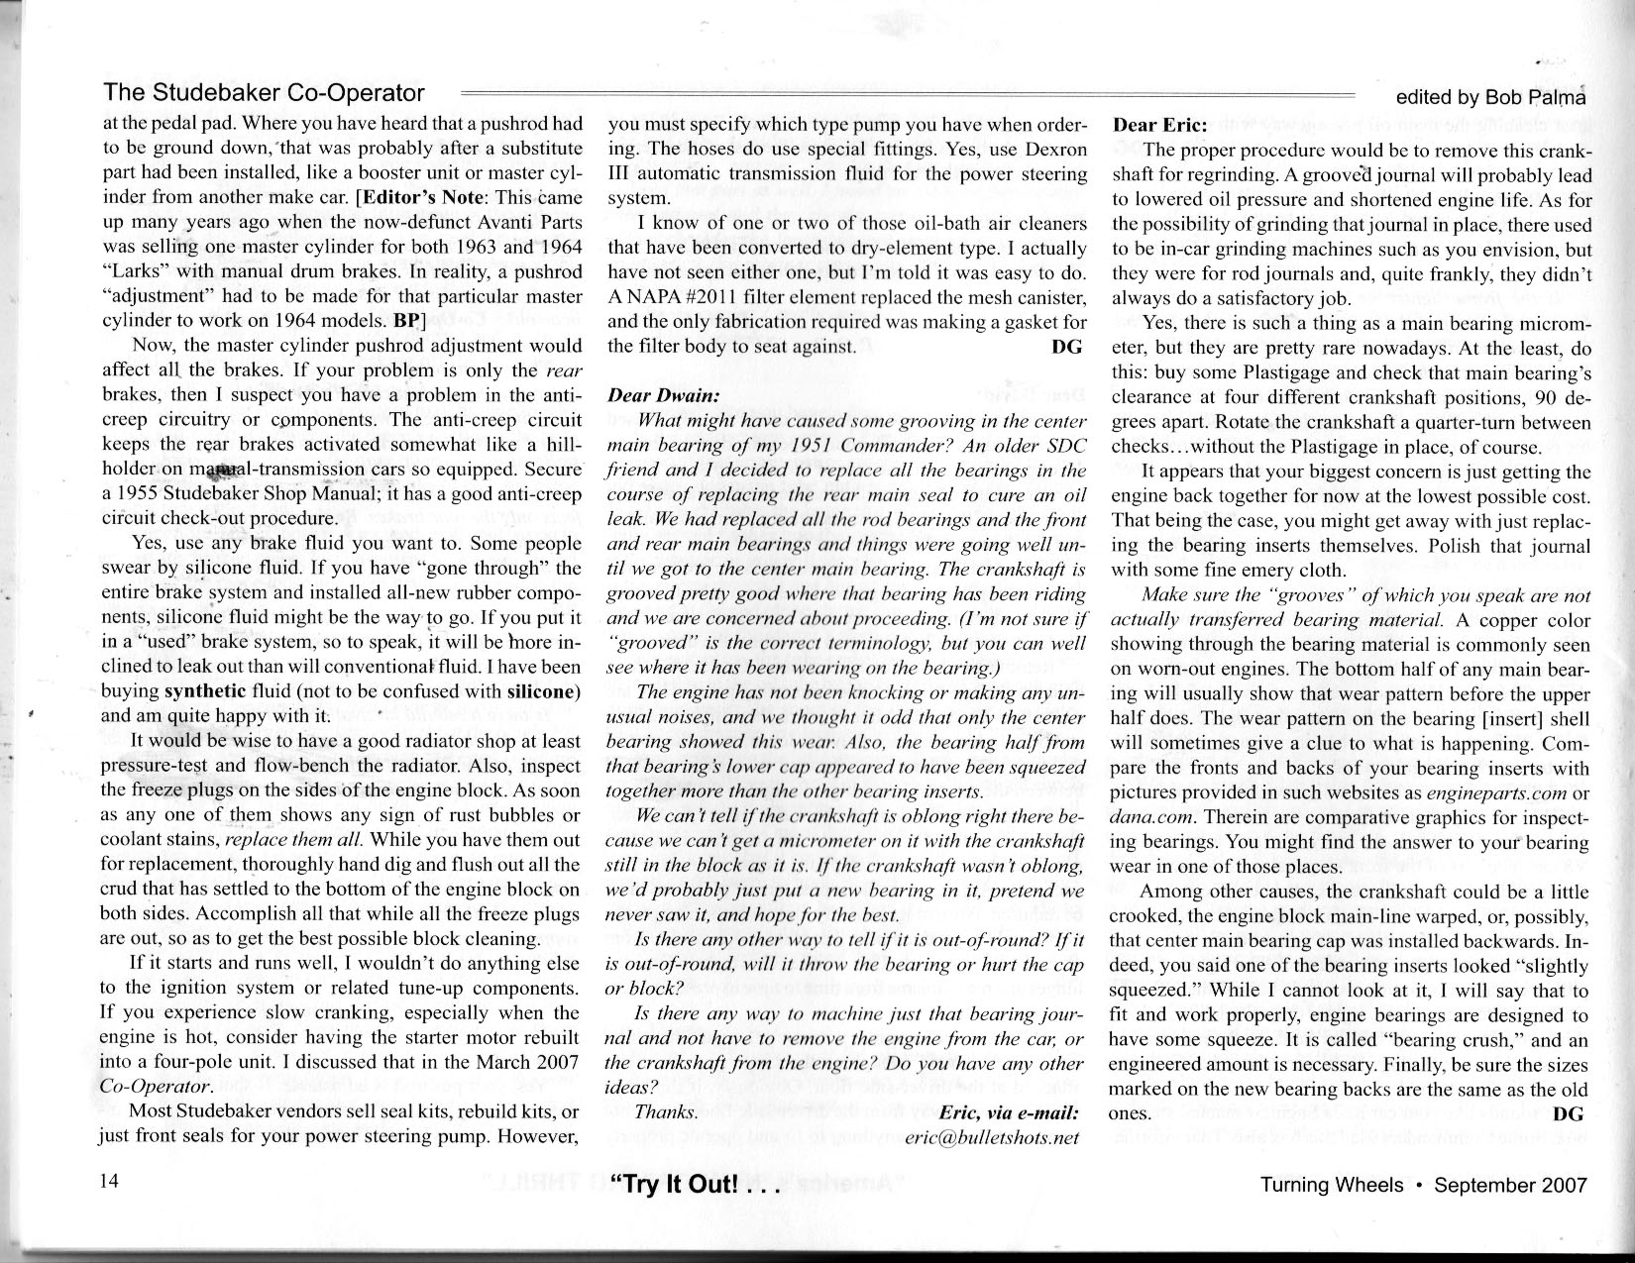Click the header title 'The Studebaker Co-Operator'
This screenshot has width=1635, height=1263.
pyautogui.click(x=264, y=93)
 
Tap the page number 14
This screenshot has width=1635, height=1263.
pyautogui.click(x=110, y=1184)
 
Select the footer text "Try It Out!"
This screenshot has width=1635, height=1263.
pyautogui.click(x=684, y=1186)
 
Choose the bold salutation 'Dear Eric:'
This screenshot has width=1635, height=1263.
pyautogui.click(x=1159, y=126)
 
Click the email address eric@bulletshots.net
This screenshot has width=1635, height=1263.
pyautogui.click(x=991, y=1138)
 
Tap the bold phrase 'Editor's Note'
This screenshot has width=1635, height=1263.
pyautogui.click(x=422, y=197)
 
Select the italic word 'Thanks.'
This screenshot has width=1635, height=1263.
pyautogui.click(x=666, y=1112)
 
